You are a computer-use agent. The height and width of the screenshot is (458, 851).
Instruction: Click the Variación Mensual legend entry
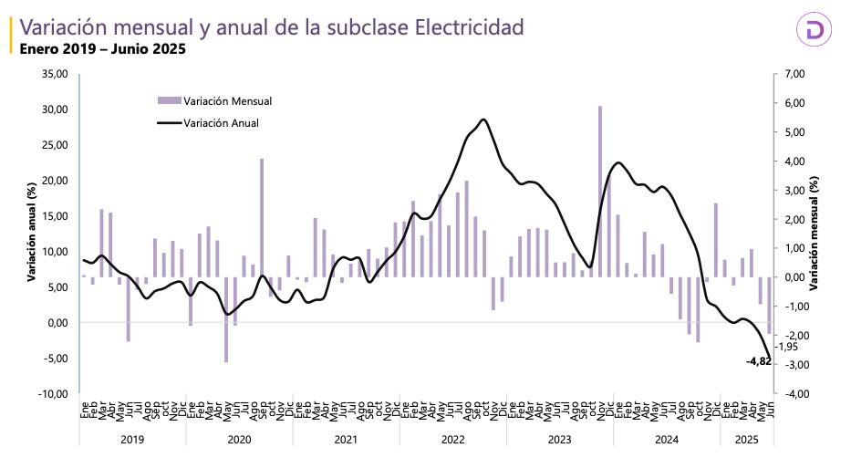click(227, 100)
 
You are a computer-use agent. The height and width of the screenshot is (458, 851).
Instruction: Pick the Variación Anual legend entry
click(221, 123)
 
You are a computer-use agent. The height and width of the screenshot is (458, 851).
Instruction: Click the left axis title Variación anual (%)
click(31, 233)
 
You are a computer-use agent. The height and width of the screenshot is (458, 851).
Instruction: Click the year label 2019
click(132, 439)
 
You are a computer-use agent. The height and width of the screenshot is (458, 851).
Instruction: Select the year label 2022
click(452, 439)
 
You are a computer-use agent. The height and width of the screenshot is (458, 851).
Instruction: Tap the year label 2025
click(746, 439)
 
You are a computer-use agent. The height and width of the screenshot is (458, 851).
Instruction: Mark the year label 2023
click(559, 439)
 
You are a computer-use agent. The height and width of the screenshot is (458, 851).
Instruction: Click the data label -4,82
click(759, 362)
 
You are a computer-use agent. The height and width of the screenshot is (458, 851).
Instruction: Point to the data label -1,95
click(786, 347)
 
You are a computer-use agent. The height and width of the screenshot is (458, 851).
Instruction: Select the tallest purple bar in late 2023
click(600, 192)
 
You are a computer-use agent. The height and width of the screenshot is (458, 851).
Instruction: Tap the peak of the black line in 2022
click(483, 120)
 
